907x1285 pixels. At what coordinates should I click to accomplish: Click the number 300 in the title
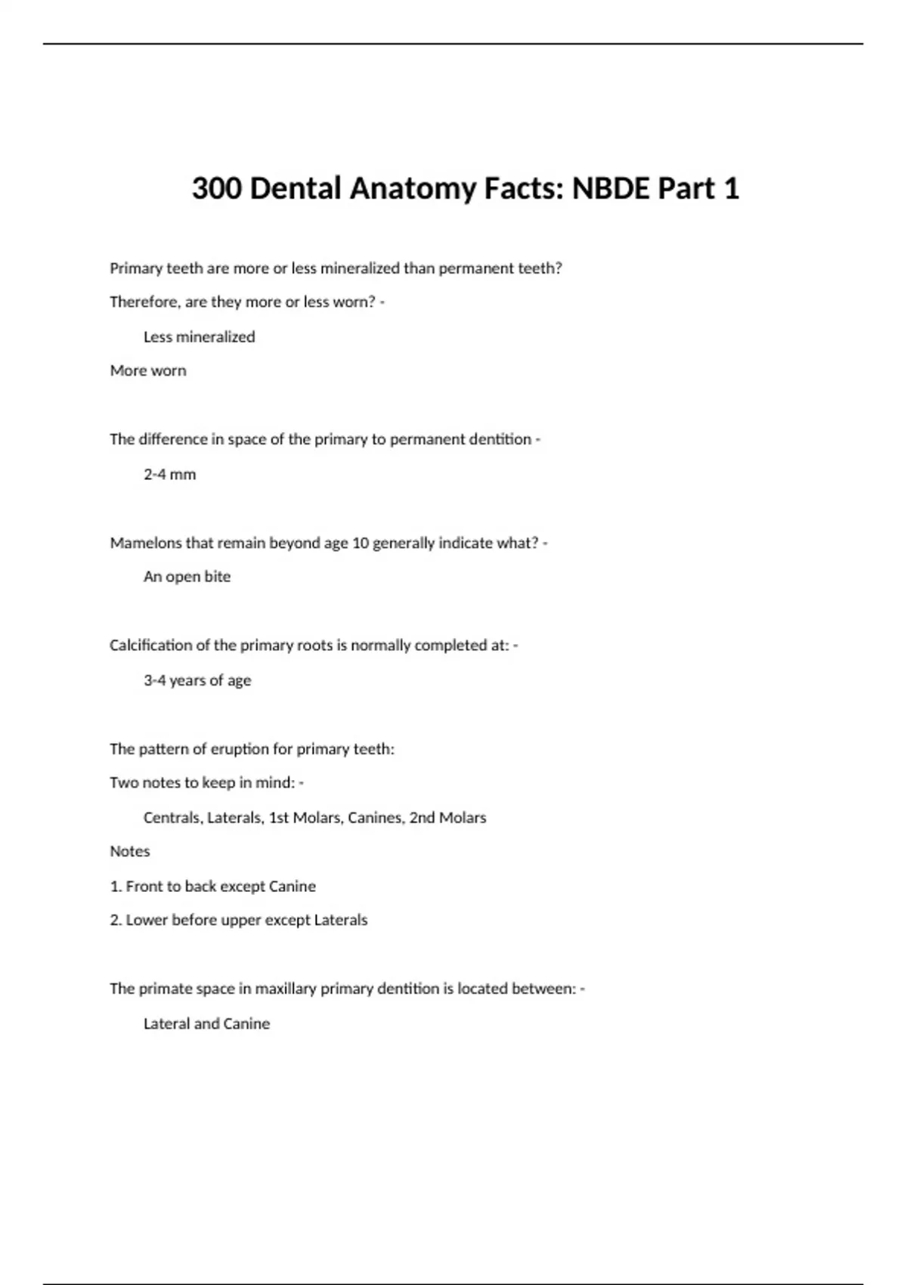[x=217, y=188]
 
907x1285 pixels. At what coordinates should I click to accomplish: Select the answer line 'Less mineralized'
[x=199, y=336]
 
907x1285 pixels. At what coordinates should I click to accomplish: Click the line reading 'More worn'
[x=148, y=370]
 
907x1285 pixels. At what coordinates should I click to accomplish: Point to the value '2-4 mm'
[x=169, y=474]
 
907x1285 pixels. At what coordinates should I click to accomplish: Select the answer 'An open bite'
[x=187, y=576]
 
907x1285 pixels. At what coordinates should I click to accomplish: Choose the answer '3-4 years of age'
[x=197, y=680]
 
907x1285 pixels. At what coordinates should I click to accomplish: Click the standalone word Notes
[x=130, y=851]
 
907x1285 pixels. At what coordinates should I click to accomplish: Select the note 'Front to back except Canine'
[x=220, y=886]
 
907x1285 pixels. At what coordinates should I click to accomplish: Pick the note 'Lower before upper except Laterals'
[x=246, y=920]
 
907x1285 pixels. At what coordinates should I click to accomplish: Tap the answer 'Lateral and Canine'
[x=206, y=1023]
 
